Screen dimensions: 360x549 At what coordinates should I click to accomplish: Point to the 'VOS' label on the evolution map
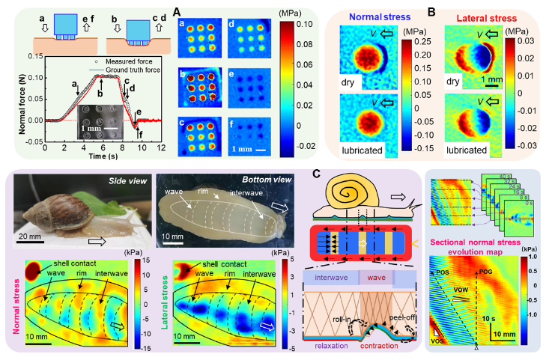tap(441, 341)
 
